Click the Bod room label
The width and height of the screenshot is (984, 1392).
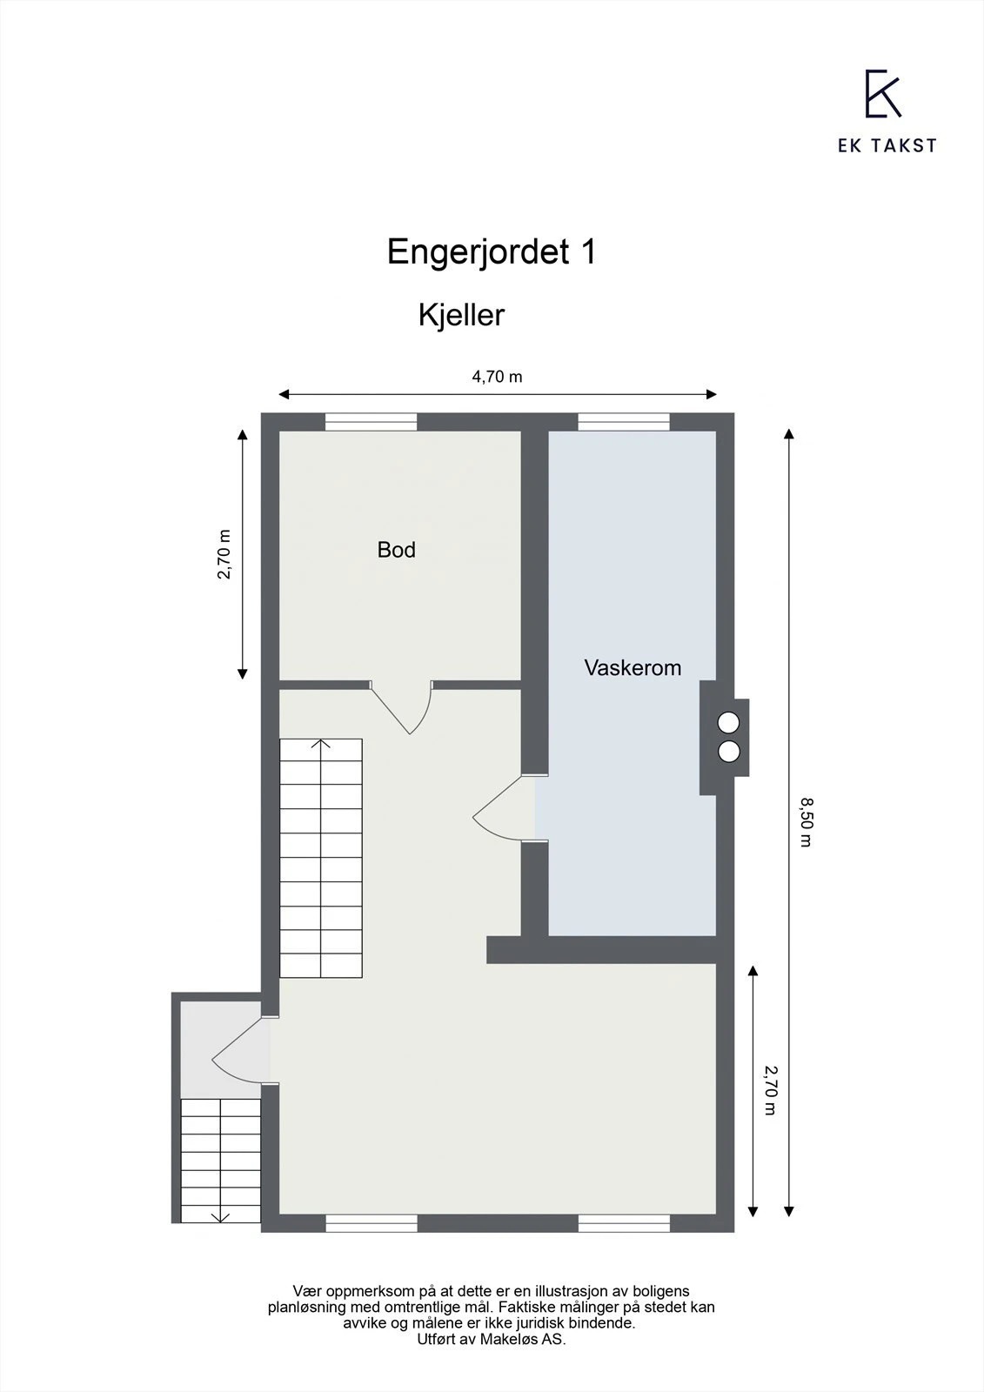click(396, 550)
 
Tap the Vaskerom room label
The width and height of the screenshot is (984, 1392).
click(633, 668)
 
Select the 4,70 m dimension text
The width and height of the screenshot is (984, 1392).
click(497, 377)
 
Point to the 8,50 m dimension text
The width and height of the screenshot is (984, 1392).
click(806, 821)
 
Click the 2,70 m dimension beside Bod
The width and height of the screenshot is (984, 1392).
click(224, 554)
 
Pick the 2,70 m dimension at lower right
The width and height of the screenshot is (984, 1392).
click(770, 1089)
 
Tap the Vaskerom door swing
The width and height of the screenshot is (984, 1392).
click(500, 811)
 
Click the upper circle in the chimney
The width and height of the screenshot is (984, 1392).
click(728, 722)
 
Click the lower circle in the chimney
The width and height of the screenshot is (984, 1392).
click(728, 752)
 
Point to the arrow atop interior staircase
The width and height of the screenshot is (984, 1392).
click(321, 745)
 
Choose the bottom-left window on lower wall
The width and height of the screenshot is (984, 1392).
click(371, 1223)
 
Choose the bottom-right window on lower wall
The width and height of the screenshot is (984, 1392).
click(624, 1223)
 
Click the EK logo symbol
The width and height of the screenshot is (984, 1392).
click(882, 94)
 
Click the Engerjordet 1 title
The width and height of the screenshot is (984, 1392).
click(492, 252)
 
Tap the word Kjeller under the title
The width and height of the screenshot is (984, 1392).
click(461, 315)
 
